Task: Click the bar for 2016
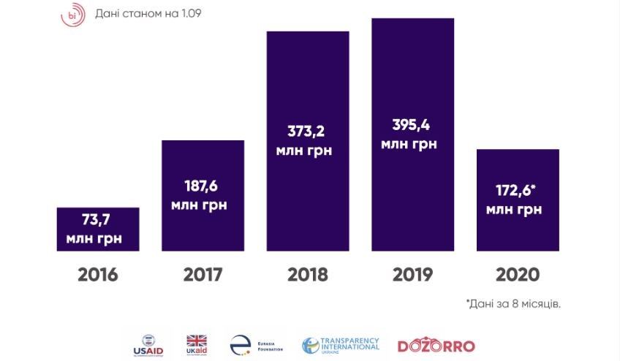coord(98,229)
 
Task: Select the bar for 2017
coord(203,196)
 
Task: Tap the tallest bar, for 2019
coord(412,134)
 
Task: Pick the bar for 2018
coord(307,141)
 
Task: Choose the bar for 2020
coord(518,200)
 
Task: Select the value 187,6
coord(203,185)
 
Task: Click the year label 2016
coord(98,275)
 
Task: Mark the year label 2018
coord(307,275)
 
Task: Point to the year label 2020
coord(518,275)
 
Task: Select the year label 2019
coord(412,275)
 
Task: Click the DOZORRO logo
coord(436,346)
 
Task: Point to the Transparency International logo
coord(341,344)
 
